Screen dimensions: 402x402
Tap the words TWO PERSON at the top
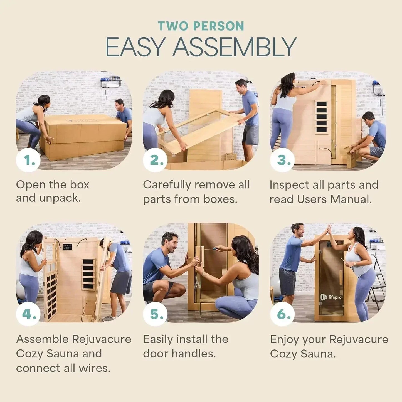coord(201,26)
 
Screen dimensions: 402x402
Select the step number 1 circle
coord(28,160)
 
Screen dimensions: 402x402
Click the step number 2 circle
coord(155,160)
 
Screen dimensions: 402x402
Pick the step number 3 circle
coord(282,160)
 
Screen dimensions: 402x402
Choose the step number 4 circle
coord(28,314)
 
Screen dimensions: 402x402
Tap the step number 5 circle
coord(155,314)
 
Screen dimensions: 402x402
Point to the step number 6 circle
coord(282,314)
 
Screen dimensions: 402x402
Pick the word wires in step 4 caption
coord(95,368)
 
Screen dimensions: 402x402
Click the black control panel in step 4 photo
coord(68,247)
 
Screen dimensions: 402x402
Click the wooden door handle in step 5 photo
coord(200,256)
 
